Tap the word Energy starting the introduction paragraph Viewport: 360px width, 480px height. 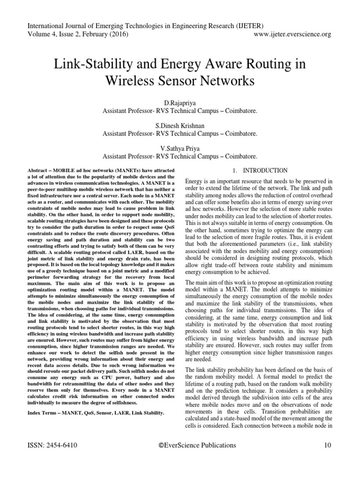[x=195, y=181]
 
